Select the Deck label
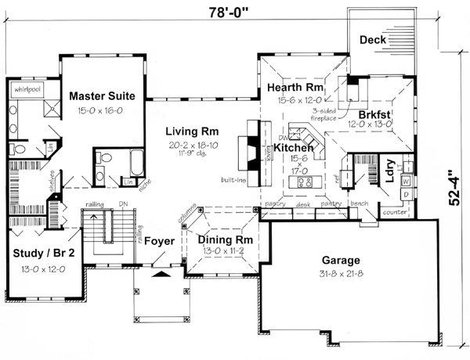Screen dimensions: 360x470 (x=374, y=40)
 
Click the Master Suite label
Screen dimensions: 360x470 (x=102, y=95)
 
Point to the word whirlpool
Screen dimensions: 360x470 (x=26, y=89)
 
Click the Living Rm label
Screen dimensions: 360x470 (x=191, y=131)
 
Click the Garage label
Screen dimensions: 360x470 (x=340, y=260)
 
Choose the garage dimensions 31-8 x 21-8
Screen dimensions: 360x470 (x=340, y=274)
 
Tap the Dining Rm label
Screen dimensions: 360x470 (x=224, y=239)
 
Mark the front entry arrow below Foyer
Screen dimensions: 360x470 (x=159, y=274)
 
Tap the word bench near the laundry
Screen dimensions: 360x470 (x=361, y=203)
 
